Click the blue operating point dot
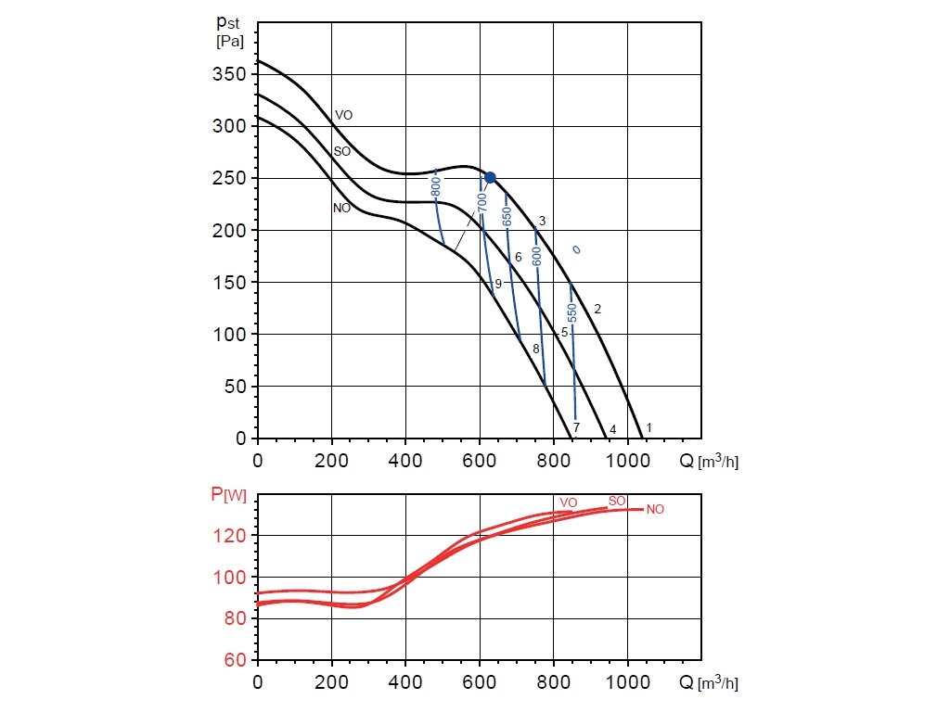coord(490,177)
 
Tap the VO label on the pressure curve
coord(343,115)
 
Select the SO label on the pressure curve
coord(342,150)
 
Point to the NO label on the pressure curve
coord(341,209)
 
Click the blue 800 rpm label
coord(435,186)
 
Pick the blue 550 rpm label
coord(572,312)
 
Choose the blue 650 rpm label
coord(507,217)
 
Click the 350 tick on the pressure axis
coord(227,74)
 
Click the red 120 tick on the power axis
coord(233,536)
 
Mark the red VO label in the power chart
coord(569,502)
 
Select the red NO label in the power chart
coord(656,509)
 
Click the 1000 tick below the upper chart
coord(627,458)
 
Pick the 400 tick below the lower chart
coord(405,681)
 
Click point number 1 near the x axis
coord(649,427)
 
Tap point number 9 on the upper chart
coord(498,284)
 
